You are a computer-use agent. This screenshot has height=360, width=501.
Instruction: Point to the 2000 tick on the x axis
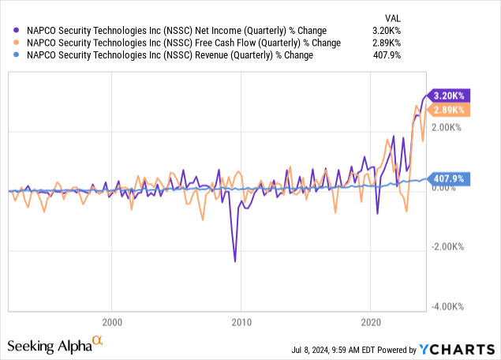(112, 322)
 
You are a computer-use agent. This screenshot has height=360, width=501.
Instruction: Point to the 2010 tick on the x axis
(241, 322)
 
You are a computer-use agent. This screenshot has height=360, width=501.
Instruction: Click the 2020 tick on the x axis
(371, 322)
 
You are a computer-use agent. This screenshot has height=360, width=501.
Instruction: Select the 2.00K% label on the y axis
(446, 127)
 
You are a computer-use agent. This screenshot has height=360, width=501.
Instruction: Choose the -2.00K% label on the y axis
(447, 247)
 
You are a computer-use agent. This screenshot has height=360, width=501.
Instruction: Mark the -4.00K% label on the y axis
(447, 306)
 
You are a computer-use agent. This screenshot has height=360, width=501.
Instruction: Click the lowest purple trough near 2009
(234, 261)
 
